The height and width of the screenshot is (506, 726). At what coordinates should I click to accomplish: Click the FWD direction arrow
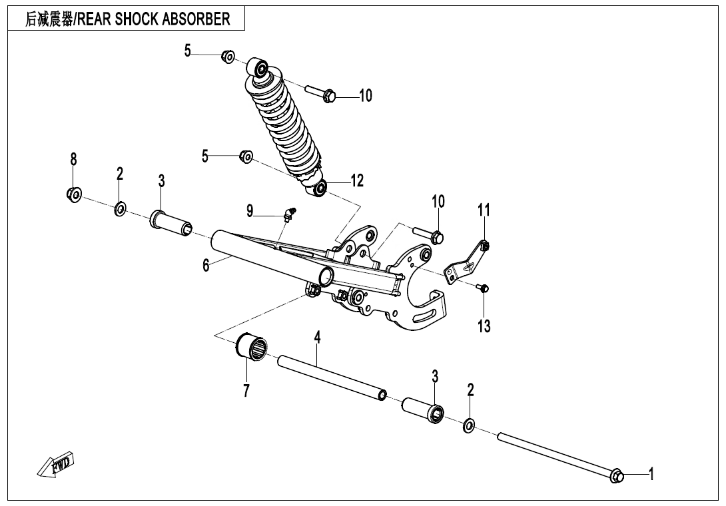tap(56, 464)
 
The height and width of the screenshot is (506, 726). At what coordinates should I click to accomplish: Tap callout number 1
tap(651, 474)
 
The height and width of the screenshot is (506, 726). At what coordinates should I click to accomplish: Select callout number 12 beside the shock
tap(357, 180)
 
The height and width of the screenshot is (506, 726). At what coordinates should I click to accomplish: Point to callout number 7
tap(246, 391)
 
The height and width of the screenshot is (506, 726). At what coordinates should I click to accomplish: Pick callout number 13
tap(484, 326)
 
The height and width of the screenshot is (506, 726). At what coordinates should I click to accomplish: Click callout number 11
tap(484, 210)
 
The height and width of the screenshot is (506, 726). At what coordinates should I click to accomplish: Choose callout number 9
tap(250, 212)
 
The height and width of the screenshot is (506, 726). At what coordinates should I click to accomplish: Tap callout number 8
tap(73, 159)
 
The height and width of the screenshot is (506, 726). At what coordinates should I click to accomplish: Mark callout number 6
tap(206, 265)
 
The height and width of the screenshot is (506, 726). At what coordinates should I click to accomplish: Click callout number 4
tap(318, 338)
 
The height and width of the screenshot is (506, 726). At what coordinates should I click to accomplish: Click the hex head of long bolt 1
tap(617, 475)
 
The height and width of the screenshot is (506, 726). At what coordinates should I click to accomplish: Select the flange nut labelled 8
tap(74, 194)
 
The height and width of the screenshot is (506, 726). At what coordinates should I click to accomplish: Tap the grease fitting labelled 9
tap(290, 214)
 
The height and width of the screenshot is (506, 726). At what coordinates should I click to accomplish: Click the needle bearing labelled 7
tap(252, 348)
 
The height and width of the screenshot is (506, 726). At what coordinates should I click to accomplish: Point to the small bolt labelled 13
tap(484, 288)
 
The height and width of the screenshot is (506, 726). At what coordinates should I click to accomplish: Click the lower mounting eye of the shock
tap(320, 188)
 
